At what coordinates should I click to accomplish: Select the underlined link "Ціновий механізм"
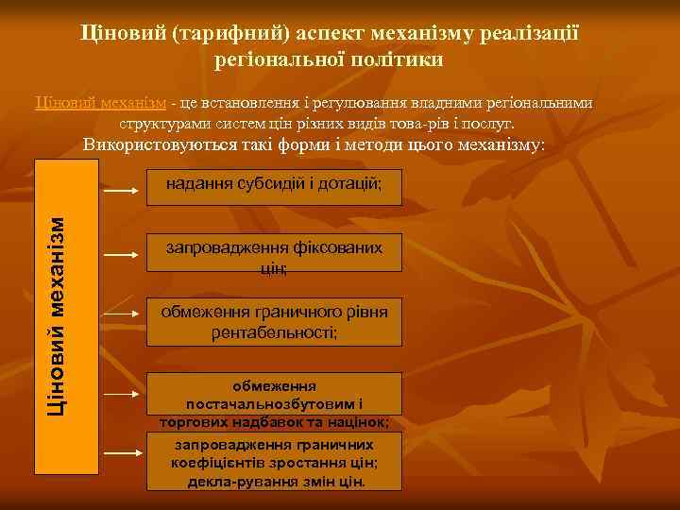[x=100, y=103]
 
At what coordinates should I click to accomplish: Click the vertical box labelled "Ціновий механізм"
[x=66, y=315]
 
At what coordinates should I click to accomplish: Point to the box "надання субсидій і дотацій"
[x=274, y=183]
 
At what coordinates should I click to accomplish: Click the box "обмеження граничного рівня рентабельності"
[x=274, y=322]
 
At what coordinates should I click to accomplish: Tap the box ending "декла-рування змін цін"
[x=274, y=462]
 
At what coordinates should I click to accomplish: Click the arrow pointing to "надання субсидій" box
[x=122, y=190]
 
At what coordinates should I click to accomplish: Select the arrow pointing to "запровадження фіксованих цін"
[x=122, y=255]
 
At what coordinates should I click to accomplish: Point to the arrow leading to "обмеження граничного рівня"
[x=122, y=312]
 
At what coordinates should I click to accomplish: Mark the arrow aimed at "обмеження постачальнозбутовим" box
[x=122, y=392]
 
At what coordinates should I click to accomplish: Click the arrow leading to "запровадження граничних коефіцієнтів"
[x=122, y=454]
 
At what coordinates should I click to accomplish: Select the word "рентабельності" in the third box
[x=274, y=332]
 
